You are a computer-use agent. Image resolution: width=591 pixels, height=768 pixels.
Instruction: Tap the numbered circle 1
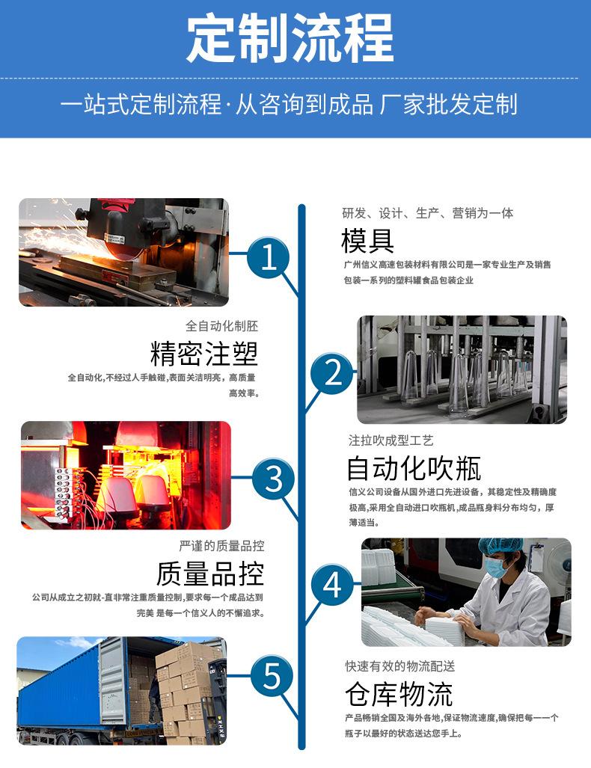[x=269, y=258]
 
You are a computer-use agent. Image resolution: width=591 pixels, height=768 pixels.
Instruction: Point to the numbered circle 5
[x=272, y=677]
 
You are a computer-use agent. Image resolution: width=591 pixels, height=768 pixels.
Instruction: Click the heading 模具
[x=367, y=242]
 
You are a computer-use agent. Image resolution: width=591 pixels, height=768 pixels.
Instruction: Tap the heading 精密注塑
[x=204, y=352]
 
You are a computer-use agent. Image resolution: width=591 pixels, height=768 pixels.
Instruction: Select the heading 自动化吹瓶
[x=413, y=468]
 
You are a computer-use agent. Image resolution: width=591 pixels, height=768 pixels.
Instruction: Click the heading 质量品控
[x=210, y=574]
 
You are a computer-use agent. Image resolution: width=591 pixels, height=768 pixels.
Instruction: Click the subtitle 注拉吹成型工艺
[x=391, y=440]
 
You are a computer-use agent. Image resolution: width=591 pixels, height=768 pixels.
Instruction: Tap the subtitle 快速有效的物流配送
[x=399, y=666]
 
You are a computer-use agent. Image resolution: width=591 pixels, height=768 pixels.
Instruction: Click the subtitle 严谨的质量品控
[x=221, y=546]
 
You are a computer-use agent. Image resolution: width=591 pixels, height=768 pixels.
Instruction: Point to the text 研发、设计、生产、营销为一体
[x=428, y=213]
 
